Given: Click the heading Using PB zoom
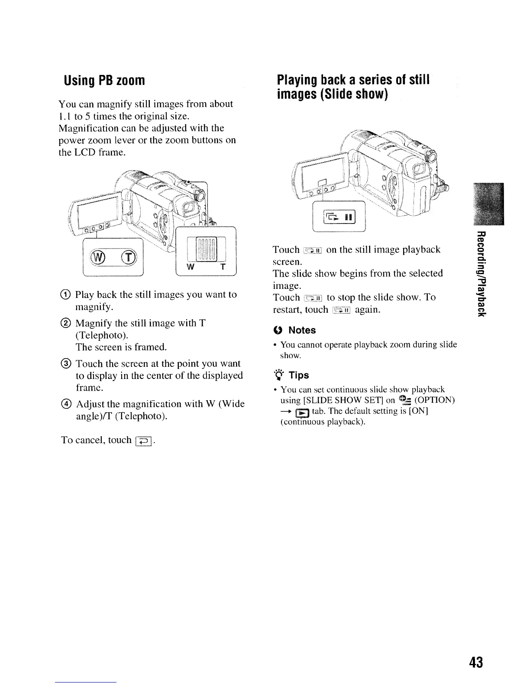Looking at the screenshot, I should click(x=104, y=81).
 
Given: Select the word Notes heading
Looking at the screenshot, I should click(x=302, y=330).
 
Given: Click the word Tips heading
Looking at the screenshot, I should click(x=299, y=375).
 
